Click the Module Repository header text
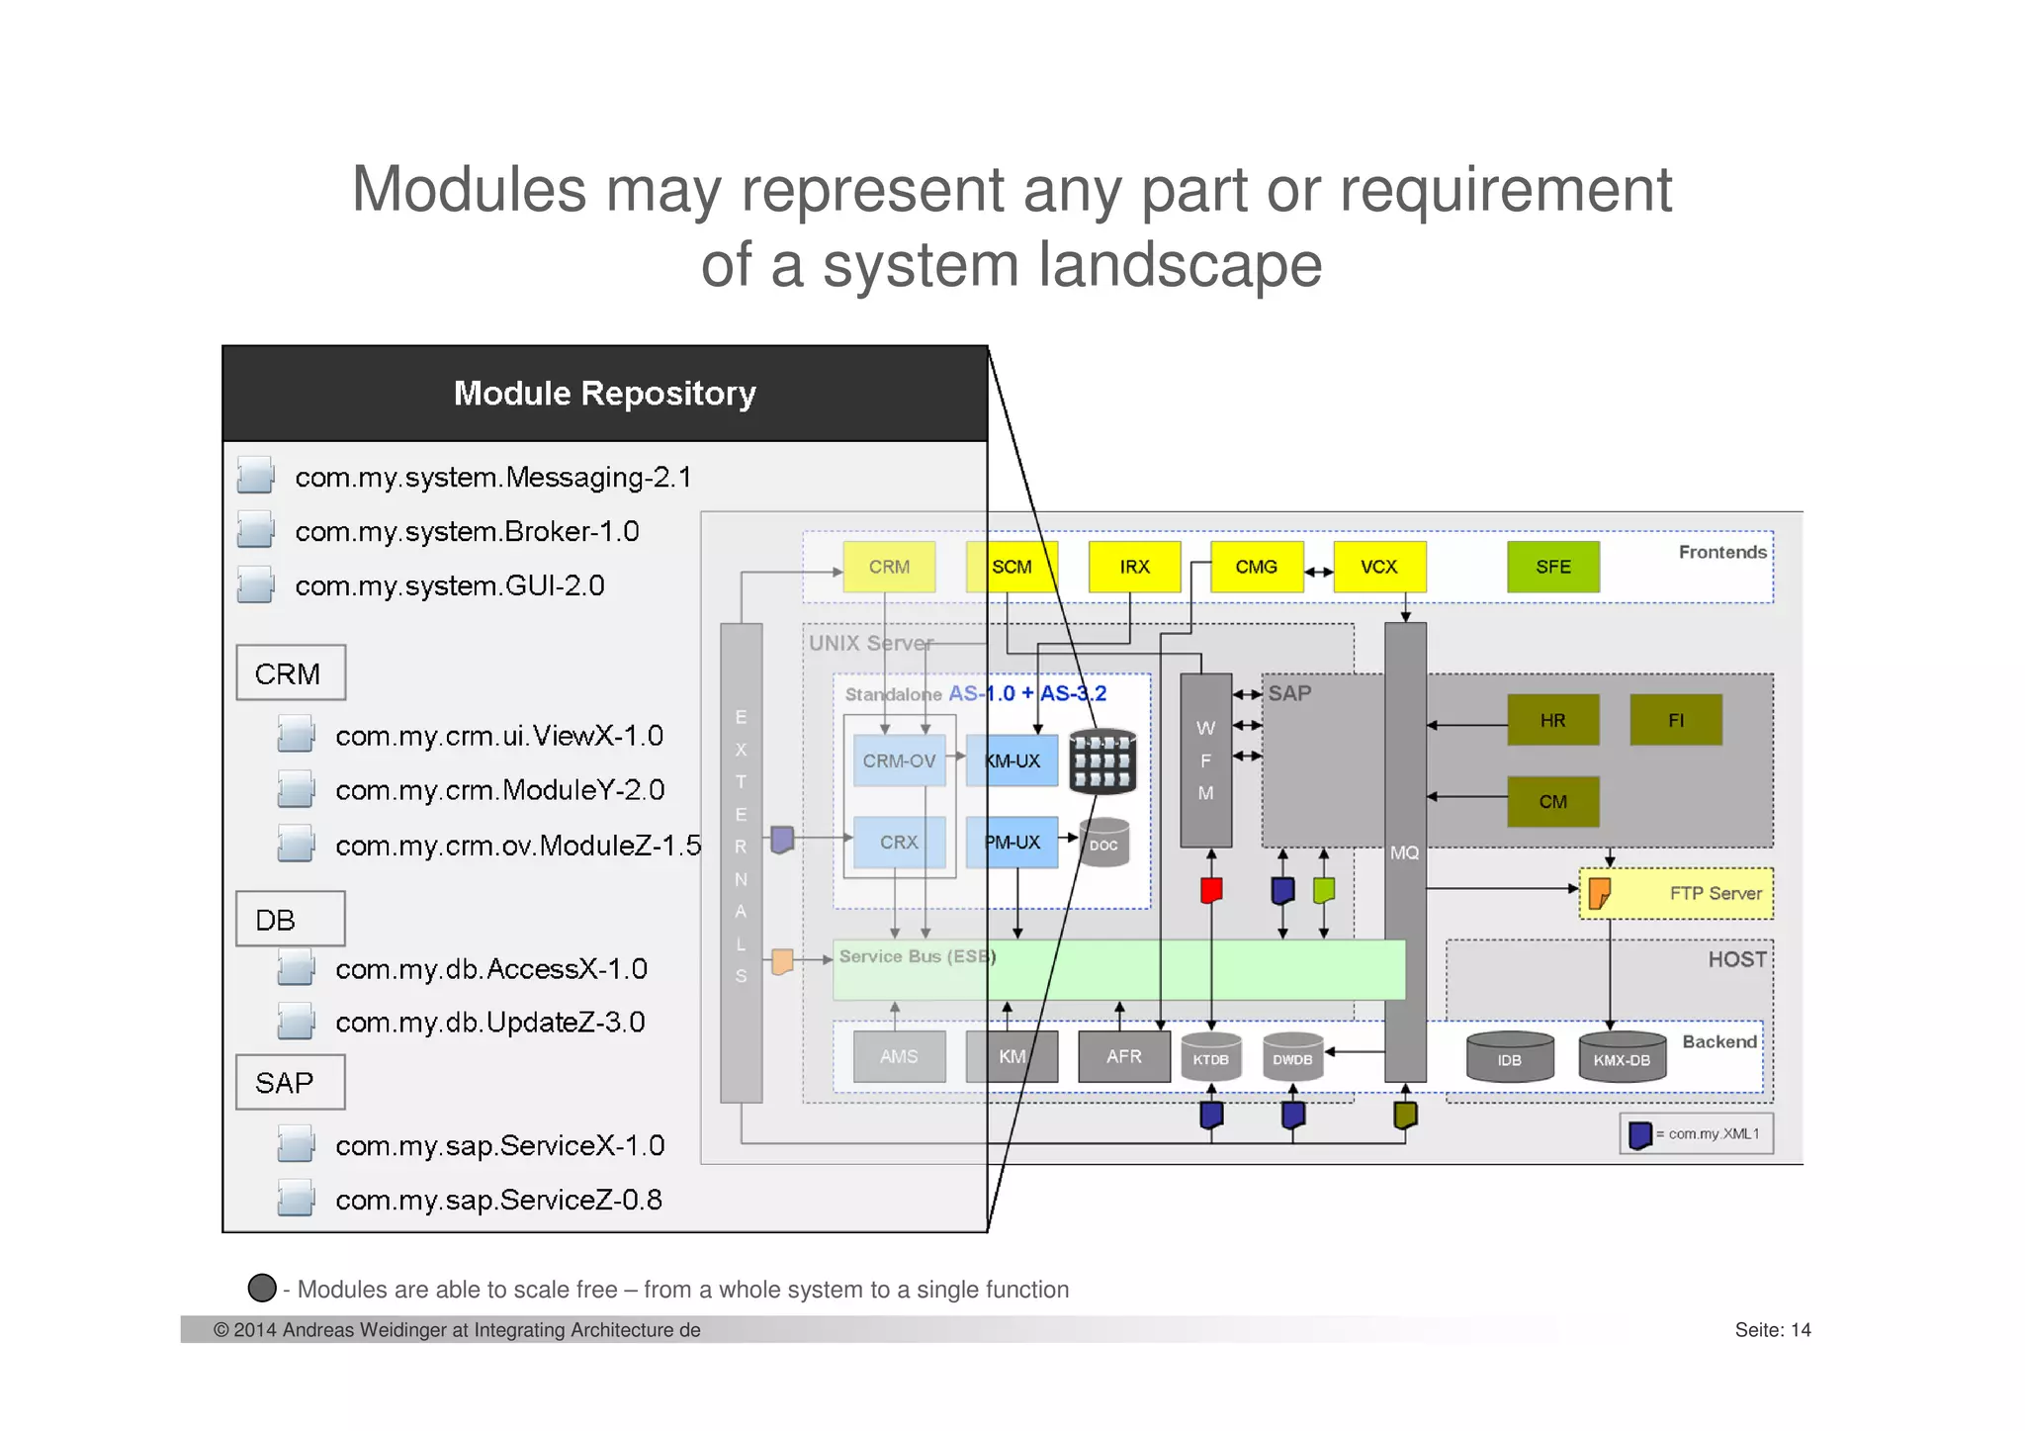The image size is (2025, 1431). (x=604, y=394)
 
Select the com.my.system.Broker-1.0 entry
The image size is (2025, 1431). (x=467, y=532)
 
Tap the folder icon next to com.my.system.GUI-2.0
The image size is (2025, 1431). (x=255, y=584)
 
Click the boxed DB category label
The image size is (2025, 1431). (x=290, y=920)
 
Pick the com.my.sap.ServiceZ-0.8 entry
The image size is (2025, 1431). (x=498, y=1201)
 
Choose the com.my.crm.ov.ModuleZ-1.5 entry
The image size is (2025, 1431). (x=517, y=846)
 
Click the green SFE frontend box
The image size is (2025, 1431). (x=1552, y=567)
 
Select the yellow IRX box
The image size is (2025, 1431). (x=1134, y=567)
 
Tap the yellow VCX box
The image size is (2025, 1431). (x=1378, y=567)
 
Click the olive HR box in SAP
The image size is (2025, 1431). (x=1552, y=720)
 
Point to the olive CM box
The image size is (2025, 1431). (x=1552, y=801)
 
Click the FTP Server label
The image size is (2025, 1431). (x=1715, y=893)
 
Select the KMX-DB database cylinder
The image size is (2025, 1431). (x=1621, y=1058)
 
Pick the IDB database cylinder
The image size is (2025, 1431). (x=1509, y=1058)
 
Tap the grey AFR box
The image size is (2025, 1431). (x=1123, y=1056)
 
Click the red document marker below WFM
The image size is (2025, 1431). (x=1211, y=890)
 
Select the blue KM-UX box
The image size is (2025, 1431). (x=1012, y=760)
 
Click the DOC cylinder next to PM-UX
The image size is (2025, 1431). (x=1103, y=844)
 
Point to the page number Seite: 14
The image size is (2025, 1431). (x=1772, y=1330)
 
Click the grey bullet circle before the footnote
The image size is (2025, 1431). (x=262, y=1288)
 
